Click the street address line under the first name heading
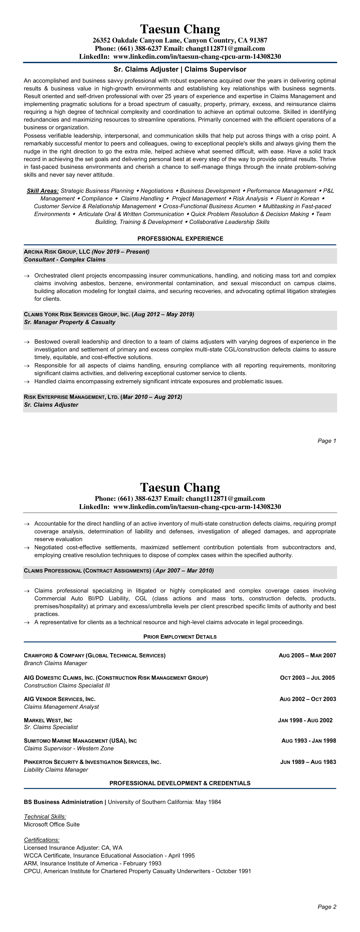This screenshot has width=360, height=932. [x=180, y=40]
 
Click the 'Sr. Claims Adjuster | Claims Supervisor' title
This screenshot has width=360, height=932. [x=180, y=69]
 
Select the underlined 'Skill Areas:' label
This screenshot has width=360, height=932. [x=43, y=191]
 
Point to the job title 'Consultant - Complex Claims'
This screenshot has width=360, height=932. [x=65, y=259]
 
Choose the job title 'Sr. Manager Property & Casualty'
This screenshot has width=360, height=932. [x=69, y=322]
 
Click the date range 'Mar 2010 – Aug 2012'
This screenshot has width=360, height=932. [x=152, y=397]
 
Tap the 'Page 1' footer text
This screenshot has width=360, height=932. [x=327, y=441]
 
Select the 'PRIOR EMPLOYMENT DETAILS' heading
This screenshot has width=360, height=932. [x=180, y=637]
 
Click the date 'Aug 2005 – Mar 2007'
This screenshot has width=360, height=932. [x=307, y=655]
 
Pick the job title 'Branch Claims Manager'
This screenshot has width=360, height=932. [x=55, y=663]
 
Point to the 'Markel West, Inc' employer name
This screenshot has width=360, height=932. [x=48, y=720]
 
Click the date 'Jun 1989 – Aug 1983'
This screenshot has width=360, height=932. [x=308, y=762]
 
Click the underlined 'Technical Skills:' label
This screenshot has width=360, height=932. [x=45, y=817]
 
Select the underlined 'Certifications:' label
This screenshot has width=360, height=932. [x=42, y=840]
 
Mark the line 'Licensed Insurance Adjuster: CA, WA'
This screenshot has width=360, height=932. [x=73, y=848]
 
